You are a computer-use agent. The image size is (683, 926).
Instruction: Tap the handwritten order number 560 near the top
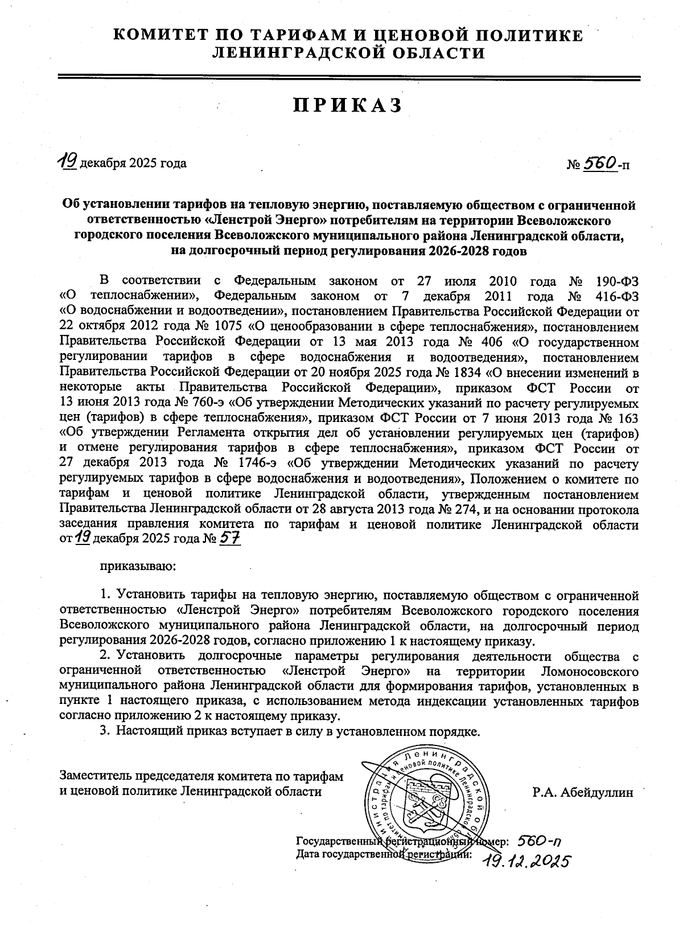click(600, 163)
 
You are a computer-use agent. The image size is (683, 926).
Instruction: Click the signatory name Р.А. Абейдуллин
click(582, 792)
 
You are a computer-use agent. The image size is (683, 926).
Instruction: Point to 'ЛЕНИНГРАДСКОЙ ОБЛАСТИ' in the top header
click(348, 53)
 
